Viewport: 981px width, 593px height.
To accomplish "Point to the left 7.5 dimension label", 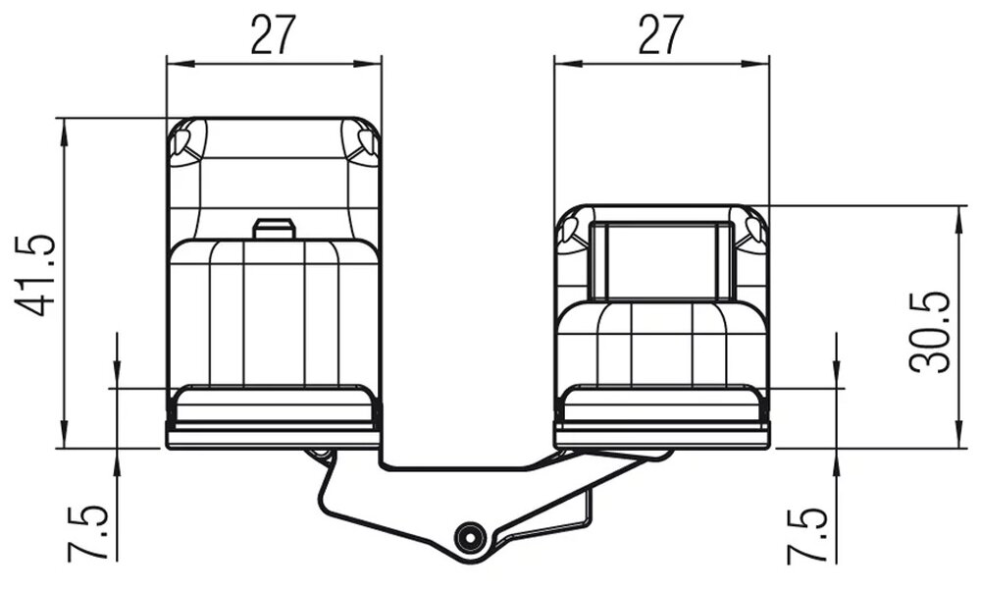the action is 86,533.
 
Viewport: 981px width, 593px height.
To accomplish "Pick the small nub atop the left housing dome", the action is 274,228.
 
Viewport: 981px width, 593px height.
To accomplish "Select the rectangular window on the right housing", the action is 661,260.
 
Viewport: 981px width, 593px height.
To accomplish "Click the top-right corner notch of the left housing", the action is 365,140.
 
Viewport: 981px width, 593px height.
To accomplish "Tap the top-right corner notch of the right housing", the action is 755,229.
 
